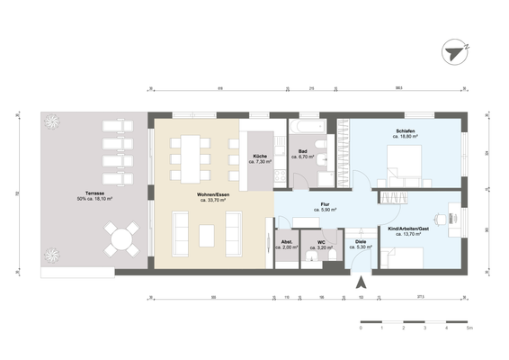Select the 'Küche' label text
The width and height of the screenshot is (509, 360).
[x=260, y=156]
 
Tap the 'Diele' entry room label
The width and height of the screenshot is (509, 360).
[x=360, y=242]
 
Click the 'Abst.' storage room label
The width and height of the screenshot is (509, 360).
[x=287, y=242]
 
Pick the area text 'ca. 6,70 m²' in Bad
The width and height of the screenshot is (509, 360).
[x=305, y=157]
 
